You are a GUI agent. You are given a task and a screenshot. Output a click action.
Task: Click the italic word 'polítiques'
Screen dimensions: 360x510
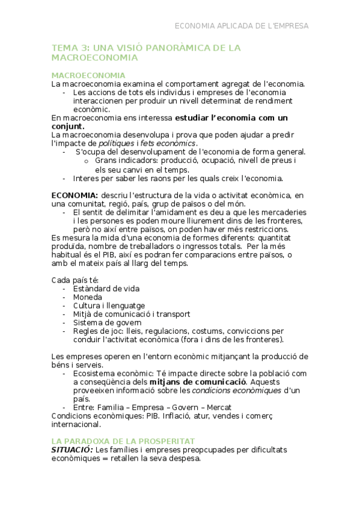pos(117,144)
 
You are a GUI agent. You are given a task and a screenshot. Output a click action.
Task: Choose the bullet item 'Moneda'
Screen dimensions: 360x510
pos(87,297)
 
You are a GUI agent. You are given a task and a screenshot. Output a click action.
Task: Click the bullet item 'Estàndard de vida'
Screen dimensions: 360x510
pos(106,289)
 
